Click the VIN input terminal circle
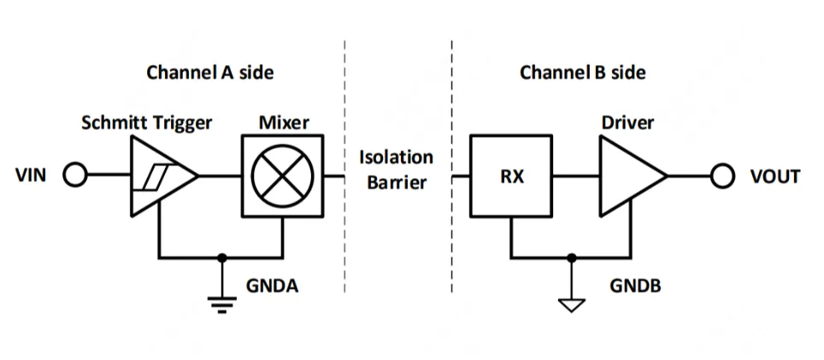[x=75, y=177]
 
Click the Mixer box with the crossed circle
[x=282, y=177]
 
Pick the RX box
[x=511, y=177]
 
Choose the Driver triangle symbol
[x=628, y=177]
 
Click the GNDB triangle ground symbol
[x=572, y=304]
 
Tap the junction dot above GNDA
[x=223, y=257]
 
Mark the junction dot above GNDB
[x=572, y=257]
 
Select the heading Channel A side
[x=210, y=72]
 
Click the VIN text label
[x=32, y=177]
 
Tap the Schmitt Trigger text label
[x=146, y=122]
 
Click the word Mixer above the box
[x=284, y=122]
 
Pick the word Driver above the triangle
[x=628, y=122]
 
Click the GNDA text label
[x=272, y=286]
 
